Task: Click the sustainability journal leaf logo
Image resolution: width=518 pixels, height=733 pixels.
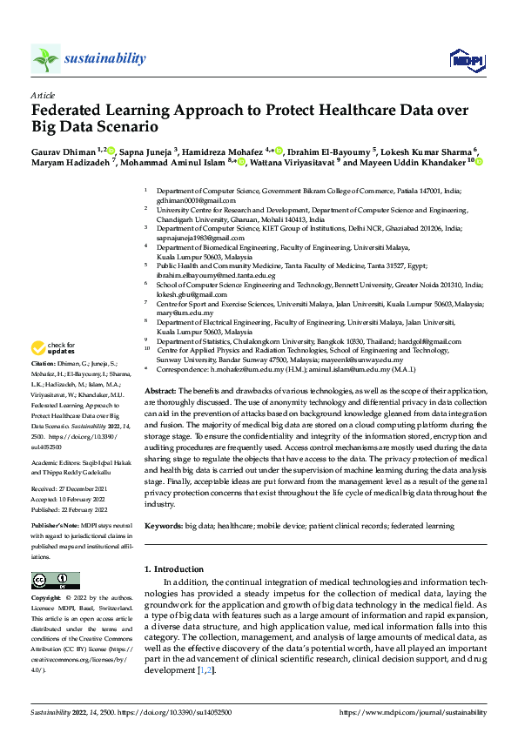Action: tap(45, 58)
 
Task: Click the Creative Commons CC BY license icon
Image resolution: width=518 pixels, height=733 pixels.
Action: tap(50, 581)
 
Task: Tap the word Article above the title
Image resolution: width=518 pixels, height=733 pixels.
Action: tap(42, 95)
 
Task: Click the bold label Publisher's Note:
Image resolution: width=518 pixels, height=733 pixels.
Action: tap(56, 528)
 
